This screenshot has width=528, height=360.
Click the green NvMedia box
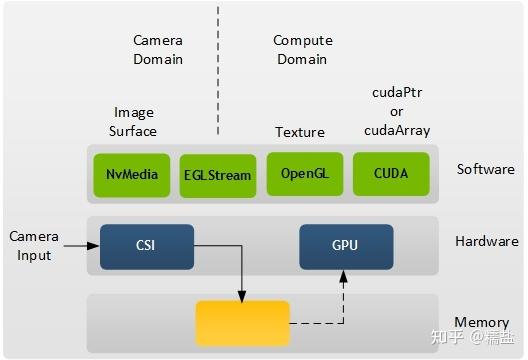[x=131, y=174]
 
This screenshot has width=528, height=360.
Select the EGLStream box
[x=218, y=175]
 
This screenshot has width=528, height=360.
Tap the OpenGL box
[x=305, y=173]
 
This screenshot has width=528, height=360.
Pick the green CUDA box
[x=391, y=173]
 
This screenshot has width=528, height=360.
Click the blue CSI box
[x=146, y=245]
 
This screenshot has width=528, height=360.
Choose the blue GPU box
[x=345, y=245]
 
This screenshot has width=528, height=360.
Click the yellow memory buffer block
[x=242, y=323]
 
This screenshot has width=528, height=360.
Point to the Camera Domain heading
[x=158, y=50]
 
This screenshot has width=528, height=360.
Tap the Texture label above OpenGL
[x=300, y=132]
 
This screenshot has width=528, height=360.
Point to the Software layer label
[x=486, y=169]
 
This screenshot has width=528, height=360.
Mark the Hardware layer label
[x=487, y=241]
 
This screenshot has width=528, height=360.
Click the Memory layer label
[x=482, y=323]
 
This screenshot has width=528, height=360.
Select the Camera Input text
[x=34, y=246]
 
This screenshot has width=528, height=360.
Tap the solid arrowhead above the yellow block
[x=241, y=294]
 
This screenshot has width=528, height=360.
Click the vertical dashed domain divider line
[x=218, y=70]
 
